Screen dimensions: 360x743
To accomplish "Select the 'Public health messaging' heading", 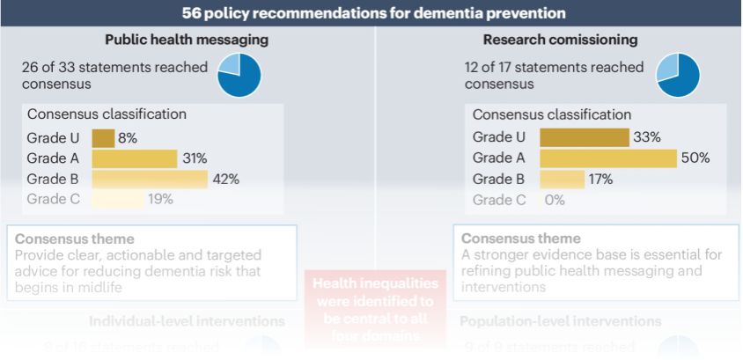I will click(x=187, y=40).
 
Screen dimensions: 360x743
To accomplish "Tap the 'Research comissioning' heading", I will click(x=560, y=40).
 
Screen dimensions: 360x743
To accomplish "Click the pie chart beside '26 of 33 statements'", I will click(x=239, y=75).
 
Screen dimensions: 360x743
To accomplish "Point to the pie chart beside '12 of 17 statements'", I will click(x=678, y=75).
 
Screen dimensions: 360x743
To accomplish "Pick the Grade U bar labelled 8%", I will click(x=103, y=137).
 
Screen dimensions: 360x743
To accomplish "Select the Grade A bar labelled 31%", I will click(x=134, y=158).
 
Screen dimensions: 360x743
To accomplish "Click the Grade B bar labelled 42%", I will click(x=150, y=179).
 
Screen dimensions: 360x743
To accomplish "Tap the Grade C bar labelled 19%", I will click(x=117, y=199).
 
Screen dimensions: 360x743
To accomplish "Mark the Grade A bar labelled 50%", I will click(x=608, y=158).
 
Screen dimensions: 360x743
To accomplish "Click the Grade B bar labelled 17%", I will click(x=562, y=179).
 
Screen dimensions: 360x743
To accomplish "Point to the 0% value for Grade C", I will click(x=554, y=200).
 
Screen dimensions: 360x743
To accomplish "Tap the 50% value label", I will click(x=695, y=158).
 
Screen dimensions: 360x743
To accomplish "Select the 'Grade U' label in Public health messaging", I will click(x=54, y=137).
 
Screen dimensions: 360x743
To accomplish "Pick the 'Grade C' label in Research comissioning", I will click(x=499, y=200).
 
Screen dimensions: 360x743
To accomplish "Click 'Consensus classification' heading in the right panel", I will click(x=551, y=114).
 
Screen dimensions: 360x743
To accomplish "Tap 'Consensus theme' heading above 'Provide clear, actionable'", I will click(x=75, y=239).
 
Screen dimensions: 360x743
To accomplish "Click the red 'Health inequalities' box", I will click(x=374, y=308).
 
